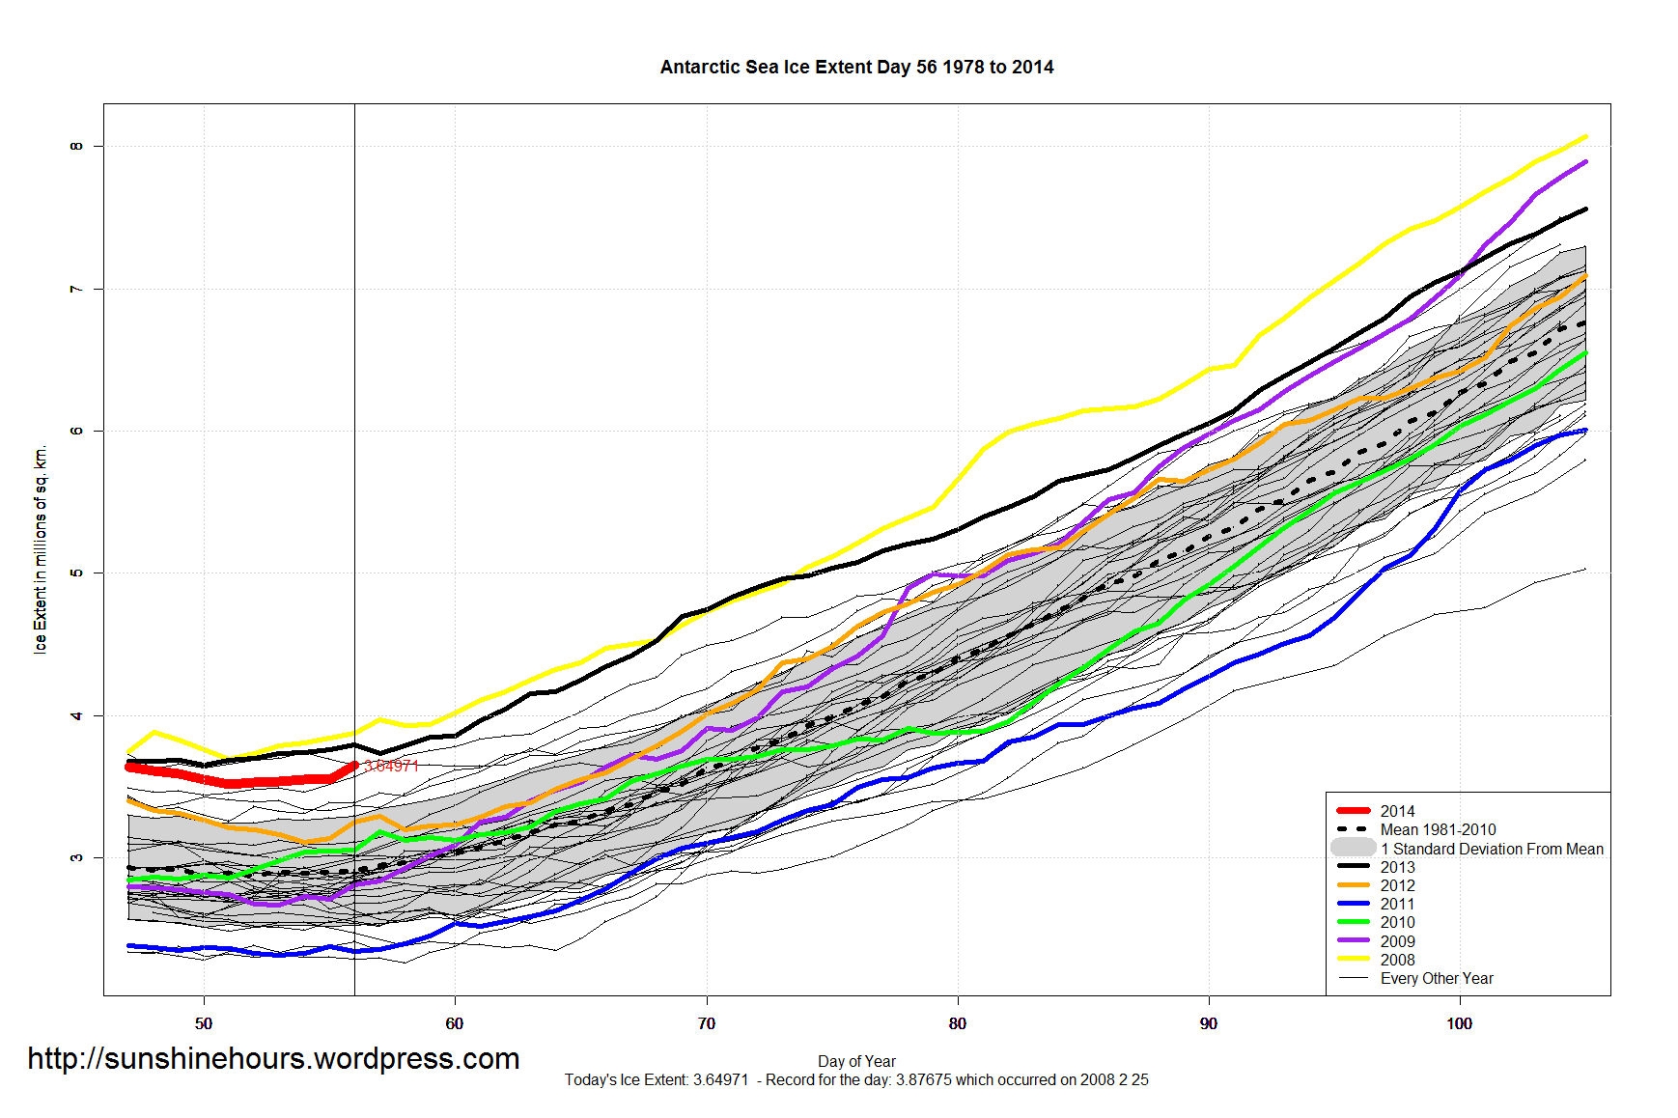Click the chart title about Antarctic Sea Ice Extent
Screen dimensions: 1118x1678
[856, 68]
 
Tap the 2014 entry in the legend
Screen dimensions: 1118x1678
[1397, 811]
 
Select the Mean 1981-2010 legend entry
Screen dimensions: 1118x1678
[1438, 829]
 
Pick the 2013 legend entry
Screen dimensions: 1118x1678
[1397, 867]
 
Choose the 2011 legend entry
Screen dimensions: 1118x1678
[1397, 904]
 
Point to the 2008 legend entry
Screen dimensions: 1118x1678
[1397, 960]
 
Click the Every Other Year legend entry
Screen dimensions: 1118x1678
[1437, 978]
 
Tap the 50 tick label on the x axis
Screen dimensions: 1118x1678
[204, 1023]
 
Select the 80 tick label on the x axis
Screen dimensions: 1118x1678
[957, 1023]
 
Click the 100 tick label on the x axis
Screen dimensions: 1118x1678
[1459, 1023]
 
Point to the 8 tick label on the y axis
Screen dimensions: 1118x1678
[76, 147]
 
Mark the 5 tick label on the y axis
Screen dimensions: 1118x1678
[76, 573]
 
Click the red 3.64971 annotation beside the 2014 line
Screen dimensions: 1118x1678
[391, 767]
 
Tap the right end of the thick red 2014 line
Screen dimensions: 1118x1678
[354, 766]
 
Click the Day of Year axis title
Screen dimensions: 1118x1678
[856, 1061]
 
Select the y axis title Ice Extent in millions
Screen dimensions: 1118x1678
[41, 550]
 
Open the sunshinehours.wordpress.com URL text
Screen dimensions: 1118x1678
[273, 1059]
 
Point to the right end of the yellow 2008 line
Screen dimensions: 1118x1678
[1585, 136]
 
